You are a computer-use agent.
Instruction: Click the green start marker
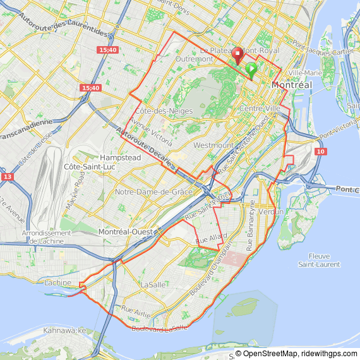tap(251, 69)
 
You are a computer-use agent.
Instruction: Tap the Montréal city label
tap(292, 85)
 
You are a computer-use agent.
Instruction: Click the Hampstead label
tap(120, 157)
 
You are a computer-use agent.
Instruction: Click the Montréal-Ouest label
tap(125, 232)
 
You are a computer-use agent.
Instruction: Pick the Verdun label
tap(272, 212)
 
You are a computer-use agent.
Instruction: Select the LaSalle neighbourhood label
tap(153, 284)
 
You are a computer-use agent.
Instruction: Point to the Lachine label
tap(58, 282)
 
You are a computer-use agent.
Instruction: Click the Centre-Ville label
tap(260, 109)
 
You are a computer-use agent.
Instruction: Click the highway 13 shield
tap(8, 177)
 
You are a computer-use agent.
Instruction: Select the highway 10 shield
tap(321, 152)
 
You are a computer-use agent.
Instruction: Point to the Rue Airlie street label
tap(136, 310)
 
